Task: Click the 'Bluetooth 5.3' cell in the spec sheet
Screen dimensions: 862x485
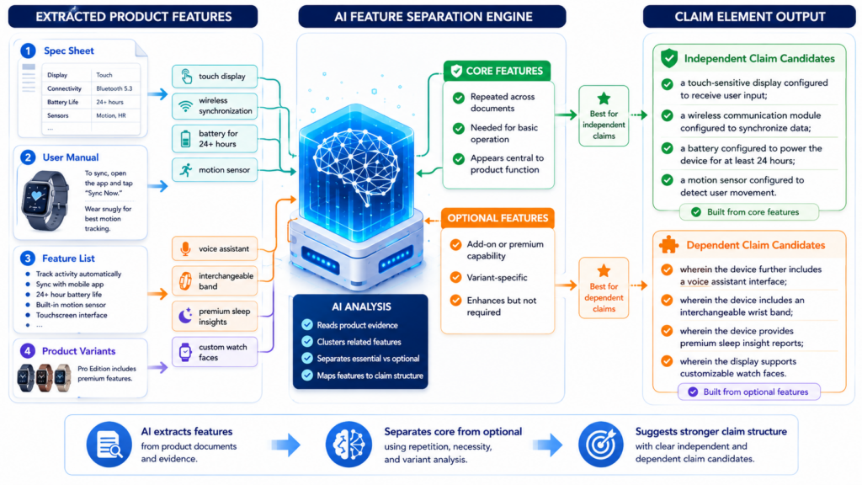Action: click(114, 88)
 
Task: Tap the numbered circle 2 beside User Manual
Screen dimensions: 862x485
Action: click(28, 157)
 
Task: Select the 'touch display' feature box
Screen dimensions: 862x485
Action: click(215, 77)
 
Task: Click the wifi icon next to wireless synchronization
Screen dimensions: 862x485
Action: click(186, 105)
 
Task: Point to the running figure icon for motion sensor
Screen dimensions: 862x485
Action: click(186, 170)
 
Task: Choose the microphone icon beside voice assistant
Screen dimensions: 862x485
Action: click(185, 248)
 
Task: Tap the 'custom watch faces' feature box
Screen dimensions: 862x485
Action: click(215, 352)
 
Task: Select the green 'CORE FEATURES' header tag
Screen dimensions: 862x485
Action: click(497, 71)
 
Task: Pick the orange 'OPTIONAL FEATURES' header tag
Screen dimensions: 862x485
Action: click(498, 218)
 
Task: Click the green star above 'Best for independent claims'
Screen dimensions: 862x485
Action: click(604, 99)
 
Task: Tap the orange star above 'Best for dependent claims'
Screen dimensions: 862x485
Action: click(604, 270)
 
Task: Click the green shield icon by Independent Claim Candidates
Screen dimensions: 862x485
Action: click(669, 58)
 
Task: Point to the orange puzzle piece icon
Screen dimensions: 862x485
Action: click(668, 245)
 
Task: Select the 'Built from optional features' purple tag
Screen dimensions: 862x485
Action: click(748, 392)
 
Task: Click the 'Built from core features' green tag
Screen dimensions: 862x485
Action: click(748, 212)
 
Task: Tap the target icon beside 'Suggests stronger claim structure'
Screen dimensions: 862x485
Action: click(601, 445)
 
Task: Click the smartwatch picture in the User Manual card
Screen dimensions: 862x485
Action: click(45, 199)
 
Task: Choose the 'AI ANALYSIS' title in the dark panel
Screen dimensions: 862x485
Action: click(361, 306)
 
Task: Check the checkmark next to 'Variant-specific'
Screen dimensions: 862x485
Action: click(455, 277)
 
